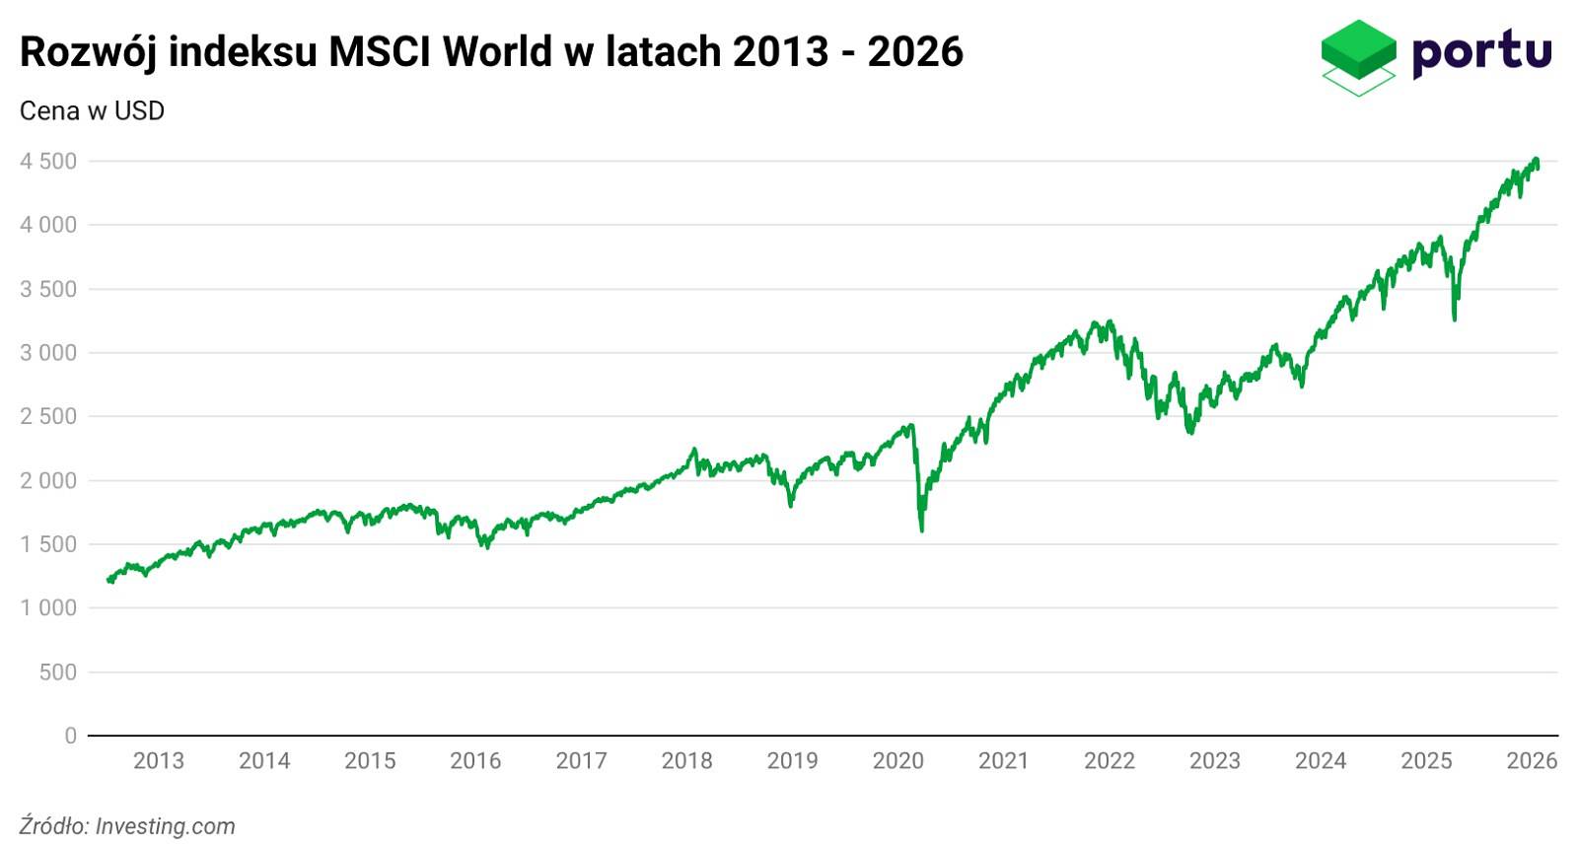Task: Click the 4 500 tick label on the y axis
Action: (x=48, y=162)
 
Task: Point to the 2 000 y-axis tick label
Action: (x=48, y=481)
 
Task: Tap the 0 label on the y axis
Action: (x=70, y=736)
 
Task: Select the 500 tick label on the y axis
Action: (x=57, y=672)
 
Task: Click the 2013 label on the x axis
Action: (x=159, y=761)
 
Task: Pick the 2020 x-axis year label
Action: (x=897, y=761)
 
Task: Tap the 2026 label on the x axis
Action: (x=1532, y=761)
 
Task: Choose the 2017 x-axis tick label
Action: (x=581, y=761)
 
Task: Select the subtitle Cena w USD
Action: (x=92, y=111)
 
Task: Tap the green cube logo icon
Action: (x=1358, y=56)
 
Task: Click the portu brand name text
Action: (x=1481, y=52)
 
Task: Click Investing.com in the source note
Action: (x=165, y=826)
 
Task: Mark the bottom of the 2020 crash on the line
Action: (x=922, y=530)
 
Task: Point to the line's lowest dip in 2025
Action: (x=1455, y=318)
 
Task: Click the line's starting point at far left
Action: (x=108, y=580)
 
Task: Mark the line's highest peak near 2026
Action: (x=1536, y=159)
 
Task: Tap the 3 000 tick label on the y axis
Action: (x=48, y=353)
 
